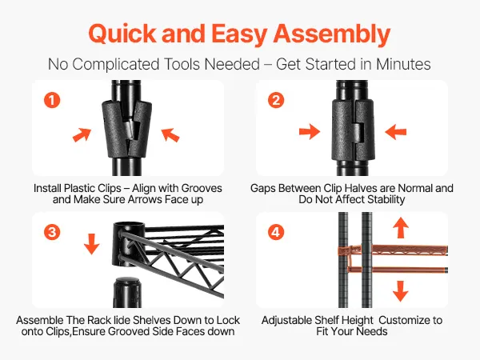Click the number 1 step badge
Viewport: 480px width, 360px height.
(52, 100)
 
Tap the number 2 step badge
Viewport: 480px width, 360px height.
(276, 100)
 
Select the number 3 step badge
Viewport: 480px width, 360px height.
(52, 232)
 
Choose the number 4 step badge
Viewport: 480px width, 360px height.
(276, 232)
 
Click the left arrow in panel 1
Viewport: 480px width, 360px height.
(82, 134)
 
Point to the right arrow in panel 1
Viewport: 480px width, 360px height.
(170, 135)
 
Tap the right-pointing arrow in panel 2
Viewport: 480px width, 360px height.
(310, 132)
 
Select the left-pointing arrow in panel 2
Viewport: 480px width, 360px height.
(395, 132)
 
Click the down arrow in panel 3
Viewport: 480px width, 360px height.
(91, 244)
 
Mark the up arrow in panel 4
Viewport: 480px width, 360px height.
(401, 227)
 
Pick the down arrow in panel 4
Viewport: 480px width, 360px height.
(401, 291)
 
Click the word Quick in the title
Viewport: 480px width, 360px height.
(122, 34)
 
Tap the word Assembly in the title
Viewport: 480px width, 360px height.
(332, 34)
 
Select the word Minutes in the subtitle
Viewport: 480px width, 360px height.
(403, 64)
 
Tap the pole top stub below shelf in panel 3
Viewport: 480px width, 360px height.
(127, 292)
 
